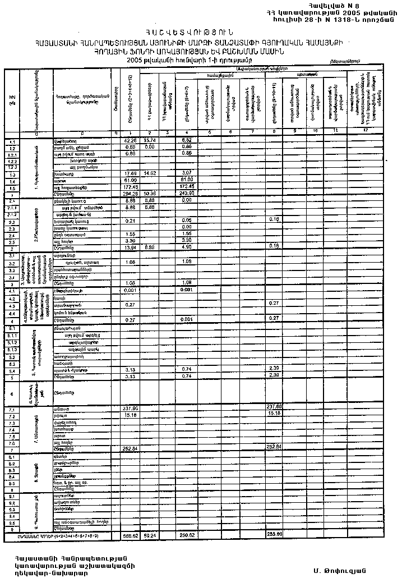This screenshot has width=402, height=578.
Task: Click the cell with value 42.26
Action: pyautogui.click(x=130, y=140)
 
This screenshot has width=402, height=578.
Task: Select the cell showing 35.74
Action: pyautogui.click(x=149, y=140)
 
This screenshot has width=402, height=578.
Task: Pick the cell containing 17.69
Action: pyautogui.click(x=130, y=174)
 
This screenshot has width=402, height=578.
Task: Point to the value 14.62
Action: pyautogui.click(x=149, y=174)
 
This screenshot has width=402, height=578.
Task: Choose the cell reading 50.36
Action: pyautogui.click(x=149, y=194)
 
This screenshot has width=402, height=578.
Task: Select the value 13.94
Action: pyautogui.click(x=130, y=247)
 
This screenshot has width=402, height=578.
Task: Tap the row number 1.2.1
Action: pyautogui.click(x=12, y=153)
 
